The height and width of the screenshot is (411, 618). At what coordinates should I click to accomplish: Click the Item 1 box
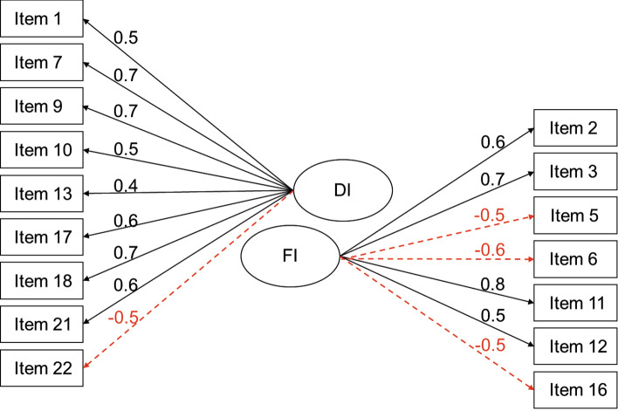[x=42, y=17]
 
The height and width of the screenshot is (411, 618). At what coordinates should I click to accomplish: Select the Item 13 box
[x=42, y=192]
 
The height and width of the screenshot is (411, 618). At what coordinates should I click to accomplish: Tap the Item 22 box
[x=42, y=366]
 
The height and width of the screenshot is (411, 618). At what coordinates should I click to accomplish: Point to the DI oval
[x=337, y=190]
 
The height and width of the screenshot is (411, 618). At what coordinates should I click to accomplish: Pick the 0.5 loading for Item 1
[x=127, y=38]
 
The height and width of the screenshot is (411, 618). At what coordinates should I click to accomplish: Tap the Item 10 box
[x=42, y=148]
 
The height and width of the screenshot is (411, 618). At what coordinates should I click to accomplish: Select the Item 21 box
[x=42, y=323]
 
